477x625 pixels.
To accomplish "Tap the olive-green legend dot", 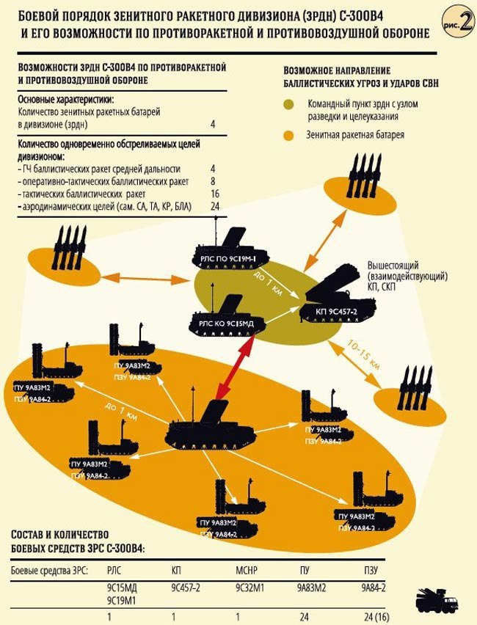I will tap(291, 106).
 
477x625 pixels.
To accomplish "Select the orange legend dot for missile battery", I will tap(291, 136).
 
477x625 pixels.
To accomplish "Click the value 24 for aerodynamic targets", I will tap(214, 208).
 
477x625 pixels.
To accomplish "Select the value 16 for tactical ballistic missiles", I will tap(214, 194).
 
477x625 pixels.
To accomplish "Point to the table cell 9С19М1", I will tap(122, 601).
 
